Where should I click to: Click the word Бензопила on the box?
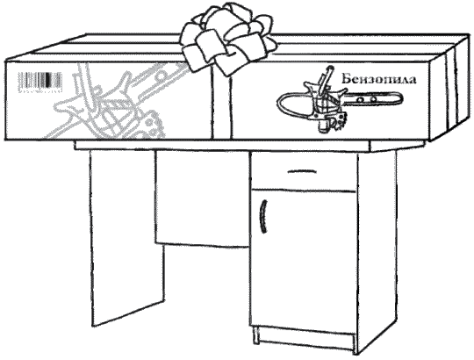pyautogui.click(x=379, y=79)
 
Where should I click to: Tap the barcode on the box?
pyautogui.click(x=40, y=82)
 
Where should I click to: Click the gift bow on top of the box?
pyautogui.click(x=228, y=40)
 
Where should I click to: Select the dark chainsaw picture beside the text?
pyautogui.click(x=340, y=100)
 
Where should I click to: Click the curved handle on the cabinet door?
pyautogui.click(x=263, y=216)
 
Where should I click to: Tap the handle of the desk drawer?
pyautogui.click(x=302, y=172)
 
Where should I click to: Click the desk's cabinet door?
pyautogui.click(x=304, y=261)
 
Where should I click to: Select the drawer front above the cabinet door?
pyautogui.click(x=304, y=171)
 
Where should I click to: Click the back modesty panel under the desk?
pyautogui.click(x=202, y=198)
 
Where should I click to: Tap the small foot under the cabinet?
pyautogui.click(x=256, y=335)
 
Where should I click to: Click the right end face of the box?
pyautogui.click(x=450, y=88)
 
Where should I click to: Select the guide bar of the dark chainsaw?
pyautogui.click(x=374, y=99)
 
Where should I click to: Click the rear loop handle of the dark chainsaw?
pyautogui.click(x=293, y=104)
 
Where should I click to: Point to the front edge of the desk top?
pyautogui.click(x=222, y=146)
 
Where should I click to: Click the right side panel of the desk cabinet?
pyautogui.click(x=377, y=251)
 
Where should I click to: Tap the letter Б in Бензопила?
pyautogui.click(x=347, y=79)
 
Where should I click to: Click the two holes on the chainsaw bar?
pyautogui.click(x=367, y=99)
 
